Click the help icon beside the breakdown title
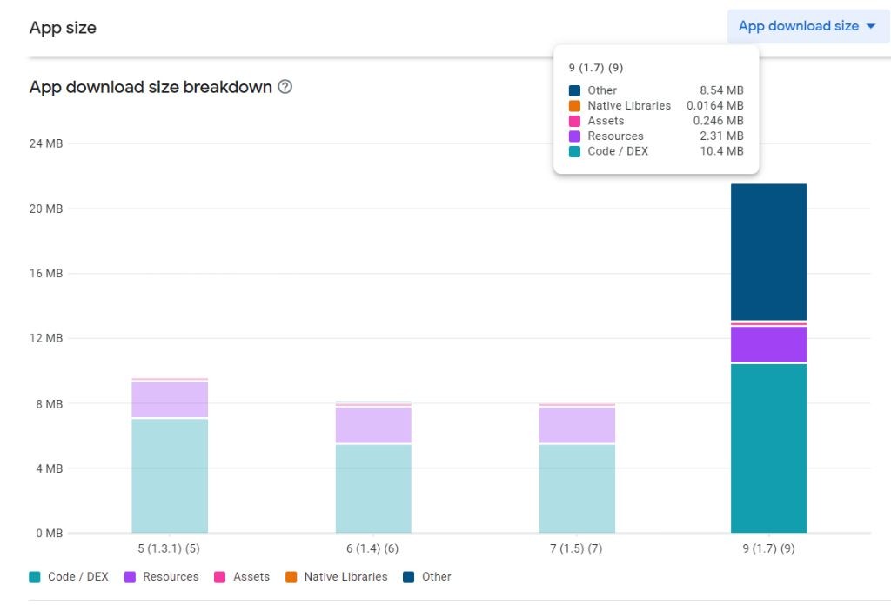285,88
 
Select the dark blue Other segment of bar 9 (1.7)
768,252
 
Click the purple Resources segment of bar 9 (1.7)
768,344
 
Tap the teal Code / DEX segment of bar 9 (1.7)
768,448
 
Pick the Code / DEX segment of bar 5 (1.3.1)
170,475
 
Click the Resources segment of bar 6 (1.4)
373,426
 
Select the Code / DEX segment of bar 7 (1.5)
577,488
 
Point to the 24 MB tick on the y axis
45,143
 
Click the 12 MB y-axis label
45,338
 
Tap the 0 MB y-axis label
48,533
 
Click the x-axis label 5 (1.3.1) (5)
170,548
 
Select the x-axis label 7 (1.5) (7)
577,548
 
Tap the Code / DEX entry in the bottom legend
69,577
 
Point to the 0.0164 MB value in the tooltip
715,106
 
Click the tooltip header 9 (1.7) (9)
596,68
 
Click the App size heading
63,28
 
